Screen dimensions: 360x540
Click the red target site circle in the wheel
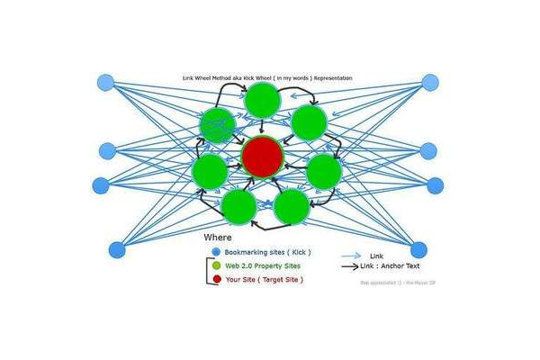263,157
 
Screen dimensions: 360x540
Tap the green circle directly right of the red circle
324,171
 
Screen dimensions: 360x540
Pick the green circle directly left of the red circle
210,171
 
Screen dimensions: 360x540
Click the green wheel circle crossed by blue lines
218,126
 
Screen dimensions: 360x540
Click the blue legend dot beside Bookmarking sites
216,252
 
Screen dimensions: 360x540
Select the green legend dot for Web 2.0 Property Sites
216,265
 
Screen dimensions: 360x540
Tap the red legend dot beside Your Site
216,280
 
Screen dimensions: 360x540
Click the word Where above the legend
218,238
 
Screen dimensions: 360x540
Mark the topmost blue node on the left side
106,82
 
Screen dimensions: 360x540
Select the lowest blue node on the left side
117,249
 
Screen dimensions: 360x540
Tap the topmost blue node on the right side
430,83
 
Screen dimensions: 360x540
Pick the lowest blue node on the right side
418,249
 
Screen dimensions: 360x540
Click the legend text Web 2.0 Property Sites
262,266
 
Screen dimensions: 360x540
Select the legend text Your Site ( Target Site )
264,280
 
